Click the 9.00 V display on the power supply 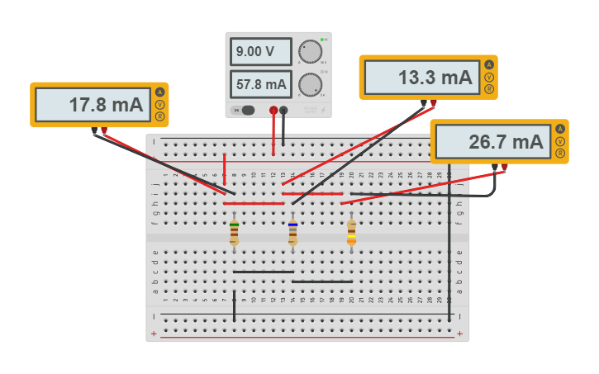(260, 51)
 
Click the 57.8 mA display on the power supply (260, 83)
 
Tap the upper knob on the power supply (310, 51)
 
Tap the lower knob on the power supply (310, 83)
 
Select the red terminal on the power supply (273, 110)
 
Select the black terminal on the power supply (283, 110)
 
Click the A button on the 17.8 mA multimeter (159, 92)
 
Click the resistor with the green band (235, 232)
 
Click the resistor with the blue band (292, 232)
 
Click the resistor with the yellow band (351, 232)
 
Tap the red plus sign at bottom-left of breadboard (154, 334)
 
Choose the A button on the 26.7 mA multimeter (559, 130)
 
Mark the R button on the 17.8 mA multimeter (159, 116)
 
